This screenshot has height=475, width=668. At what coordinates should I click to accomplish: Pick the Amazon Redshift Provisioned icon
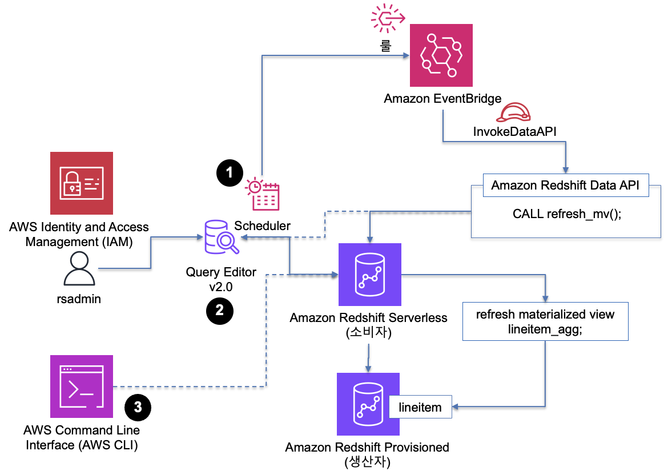point(368,405)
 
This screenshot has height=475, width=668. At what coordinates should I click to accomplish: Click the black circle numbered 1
point(230,171)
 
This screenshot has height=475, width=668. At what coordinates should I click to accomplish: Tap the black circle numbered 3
point(138,408)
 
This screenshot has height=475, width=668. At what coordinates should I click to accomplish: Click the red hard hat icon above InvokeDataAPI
point(512,113)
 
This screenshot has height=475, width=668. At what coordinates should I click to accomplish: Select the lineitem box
point(420,406)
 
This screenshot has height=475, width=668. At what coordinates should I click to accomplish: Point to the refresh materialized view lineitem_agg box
point(545,321)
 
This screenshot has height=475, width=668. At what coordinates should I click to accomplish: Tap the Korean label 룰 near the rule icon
point(387,45)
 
